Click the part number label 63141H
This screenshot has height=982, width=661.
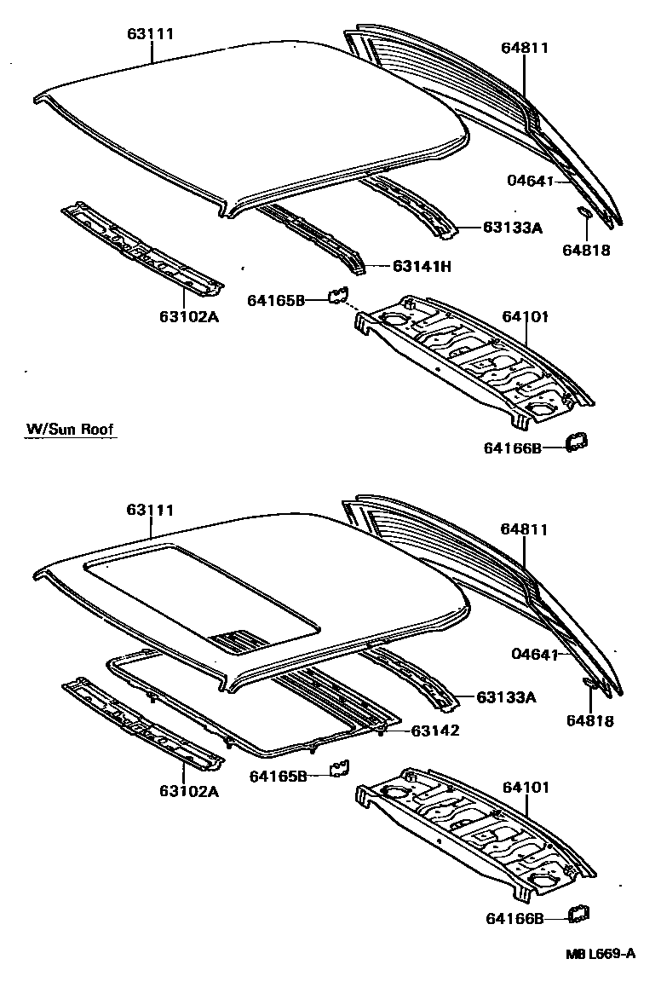tap(422, 266)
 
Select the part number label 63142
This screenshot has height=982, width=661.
tap(434, 731)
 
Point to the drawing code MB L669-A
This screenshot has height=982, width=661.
tap(600, 954)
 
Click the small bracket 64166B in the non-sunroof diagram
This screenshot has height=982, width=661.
tap(578, 441)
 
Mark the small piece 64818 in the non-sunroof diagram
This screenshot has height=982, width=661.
tap(586, 212)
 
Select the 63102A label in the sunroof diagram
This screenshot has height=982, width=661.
tap(187, 790)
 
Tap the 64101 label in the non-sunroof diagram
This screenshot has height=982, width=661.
tap(525, 316)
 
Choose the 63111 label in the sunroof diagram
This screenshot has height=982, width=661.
tap(151, 510)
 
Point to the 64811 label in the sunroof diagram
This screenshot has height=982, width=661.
tap(524, 529)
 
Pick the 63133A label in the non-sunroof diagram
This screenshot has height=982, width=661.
tap(513, 227)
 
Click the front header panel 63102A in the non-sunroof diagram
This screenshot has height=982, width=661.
tap(141, 246)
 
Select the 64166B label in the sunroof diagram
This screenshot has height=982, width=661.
tap(514, 918)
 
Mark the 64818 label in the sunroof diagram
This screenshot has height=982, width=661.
tap(589, 720)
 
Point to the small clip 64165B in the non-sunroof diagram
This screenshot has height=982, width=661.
tap(337, 295)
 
